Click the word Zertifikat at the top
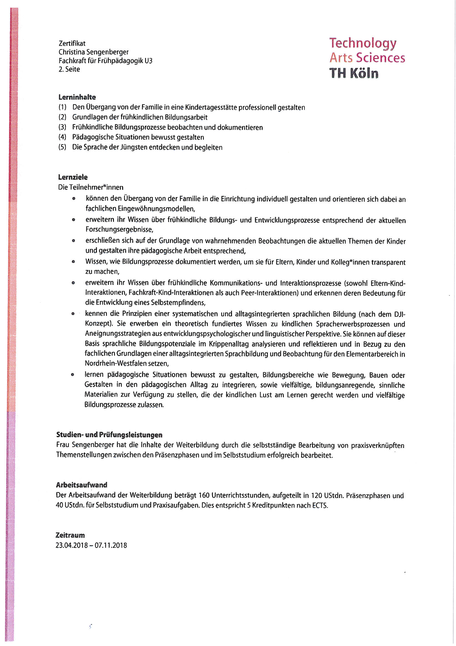point(72,43)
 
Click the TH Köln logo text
point(354,73)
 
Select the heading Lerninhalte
point(77,97)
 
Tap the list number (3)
point(62,127)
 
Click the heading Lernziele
point(73,177)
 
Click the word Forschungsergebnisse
point(119,230)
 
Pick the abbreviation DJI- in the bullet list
point(400,314)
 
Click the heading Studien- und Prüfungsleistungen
point(109,435)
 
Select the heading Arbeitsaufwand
point(81,485)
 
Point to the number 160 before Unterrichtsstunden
point(204,495)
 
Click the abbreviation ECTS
point(320,505)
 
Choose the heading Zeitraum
point(70,535)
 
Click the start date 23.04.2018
point(72,545)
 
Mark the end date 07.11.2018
point(111,545)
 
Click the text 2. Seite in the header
point(69,69)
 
